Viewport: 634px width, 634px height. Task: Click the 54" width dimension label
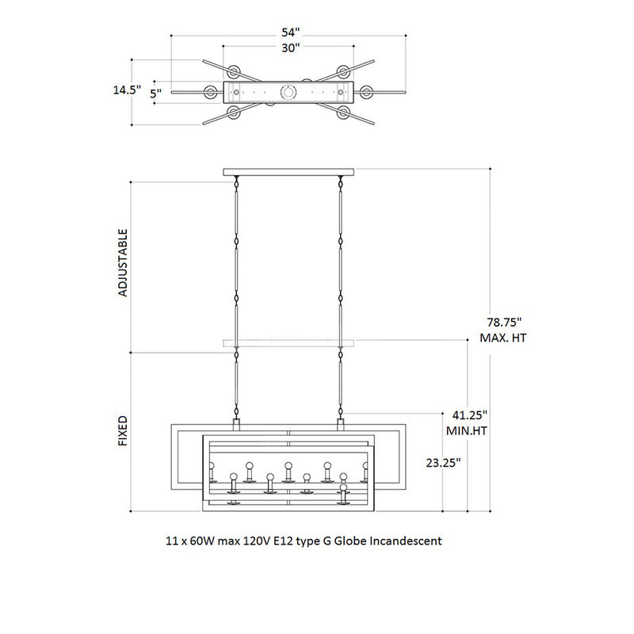coord(291,32)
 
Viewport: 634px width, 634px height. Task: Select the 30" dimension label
coord(291,48)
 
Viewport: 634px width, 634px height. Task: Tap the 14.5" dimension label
coord(126,90)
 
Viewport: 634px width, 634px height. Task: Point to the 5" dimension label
coord(156,94)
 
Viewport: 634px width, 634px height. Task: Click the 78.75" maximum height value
coord(504,323)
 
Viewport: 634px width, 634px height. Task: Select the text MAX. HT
coord(504,338)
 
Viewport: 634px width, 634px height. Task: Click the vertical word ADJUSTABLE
coord(123,262)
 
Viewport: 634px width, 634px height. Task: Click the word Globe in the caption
coord(349,541)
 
